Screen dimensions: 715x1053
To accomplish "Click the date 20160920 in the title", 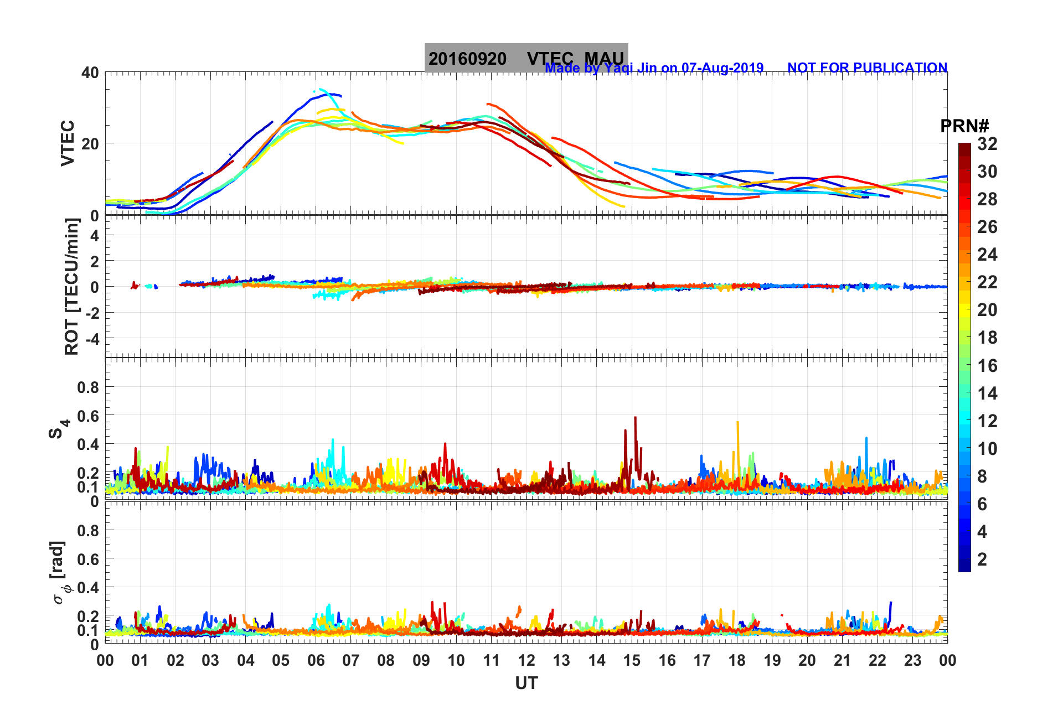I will (467, 59).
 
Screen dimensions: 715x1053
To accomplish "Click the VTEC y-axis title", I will (68, 143).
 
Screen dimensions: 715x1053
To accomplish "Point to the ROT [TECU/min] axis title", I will (72, 286).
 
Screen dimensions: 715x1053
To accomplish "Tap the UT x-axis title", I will (526, 683).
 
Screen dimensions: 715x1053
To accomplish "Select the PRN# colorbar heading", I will (964, 126).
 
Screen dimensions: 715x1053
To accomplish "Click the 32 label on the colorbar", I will (987, 144).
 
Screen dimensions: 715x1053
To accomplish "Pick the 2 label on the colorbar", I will (982, 559).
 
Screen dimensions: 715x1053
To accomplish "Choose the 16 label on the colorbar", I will (987, 365).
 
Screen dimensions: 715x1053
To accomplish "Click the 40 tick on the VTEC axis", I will (90, 73).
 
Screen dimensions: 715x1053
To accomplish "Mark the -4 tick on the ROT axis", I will (90, 338).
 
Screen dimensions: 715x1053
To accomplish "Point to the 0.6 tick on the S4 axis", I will (88, 416).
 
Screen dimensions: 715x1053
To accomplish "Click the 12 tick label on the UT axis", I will (526, 660).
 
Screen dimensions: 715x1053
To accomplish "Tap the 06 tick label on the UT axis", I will (316, 660).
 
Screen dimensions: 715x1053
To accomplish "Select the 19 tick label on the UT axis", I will (772, 660).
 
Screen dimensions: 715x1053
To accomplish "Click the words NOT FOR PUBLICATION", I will (867, 68).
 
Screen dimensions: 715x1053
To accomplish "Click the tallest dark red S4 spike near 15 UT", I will (635, 418).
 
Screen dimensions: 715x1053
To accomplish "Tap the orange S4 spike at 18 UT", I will (737, 423).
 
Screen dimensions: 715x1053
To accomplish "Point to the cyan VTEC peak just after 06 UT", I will (322, 90).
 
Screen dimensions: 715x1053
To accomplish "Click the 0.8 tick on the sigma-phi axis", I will (88, 530).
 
